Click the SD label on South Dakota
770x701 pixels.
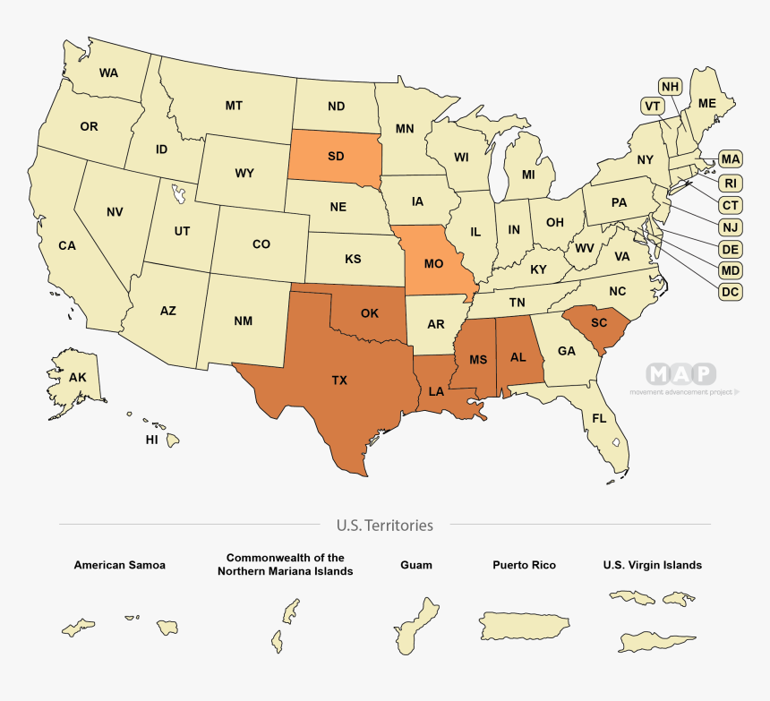pyautogui.click(x=336, y=156)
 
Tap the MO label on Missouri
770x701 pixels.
pyautogui.click(x=434, y=264)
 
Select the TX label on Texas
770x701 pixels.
pyautogui.click(x=339, y=380)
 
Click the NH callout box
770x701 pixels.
pyautogui.click(x=671, y=86)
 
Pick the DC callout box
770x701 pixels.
pyautogui.click(x=731, y=291)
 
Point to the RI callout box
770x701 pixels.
pyautogui.click(x=731, y=184)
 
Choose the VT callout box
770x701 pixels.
pyautogui.click(x=653, y=106)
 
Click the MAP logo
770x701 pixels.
pyautogui.click(x=682, y=373)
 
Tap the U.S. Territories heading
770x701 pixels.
pyautogui.click(x=385, y=526)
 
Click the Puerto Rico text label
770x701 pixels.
pyautogui.click(x=524, y=565)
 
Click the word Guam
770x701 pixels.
pyautogui.click(x=416, y=565)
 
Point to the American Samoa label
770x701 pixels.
pyautogui.click(x=119, y=565)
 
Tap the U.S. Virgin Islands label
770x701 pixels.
pyautogui.click(x=652, y=565)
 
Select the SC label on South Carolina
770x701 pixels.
pyautogui.click(x=599, y=322)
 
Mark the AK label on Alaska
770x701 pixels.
pyautogui.click(x=78, y=378)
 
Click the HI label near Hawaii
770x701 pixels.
pyautogui.click(x=152, y=440)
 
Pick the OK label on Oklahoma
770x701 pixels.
pyautogui.click(x=369, y=313)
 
